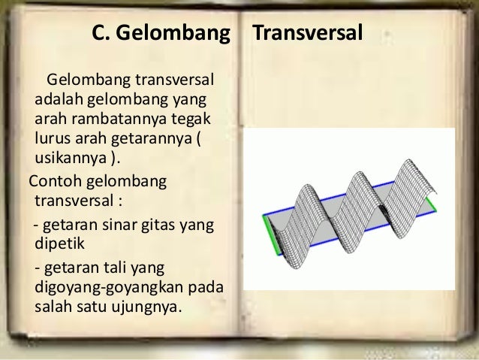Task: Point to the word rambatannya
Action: (111, 120)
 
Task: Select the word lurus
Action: (51, 140)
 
